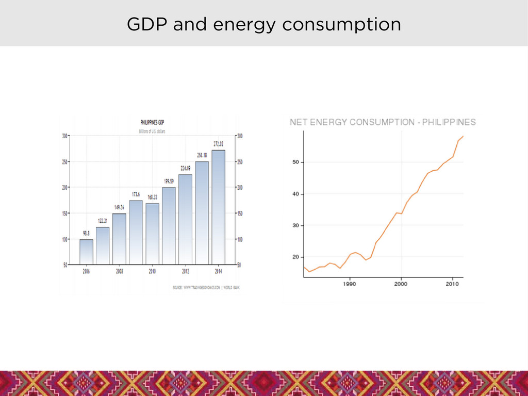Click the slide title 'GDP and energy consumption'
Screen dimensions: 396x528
[x=263, y=24]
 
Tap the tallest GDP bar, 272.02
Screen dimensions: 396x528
[x=218, y=206]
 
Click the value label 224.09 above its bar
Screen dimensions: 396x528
[x=185, y=168]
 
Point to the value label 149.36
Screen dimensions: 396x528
[x=119, y=207]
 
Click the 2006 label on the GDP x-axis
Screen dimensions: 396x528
[x=86, y=271]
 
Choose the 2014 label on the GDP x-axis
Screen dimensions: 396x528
[x=218, y=271]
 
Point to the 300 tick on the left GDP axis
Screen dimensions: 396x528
[x=65, y=136]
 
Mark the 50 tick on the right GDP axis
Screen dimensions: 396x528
[x=240, y=265]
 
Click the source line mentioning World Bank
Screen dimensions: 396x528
[x=206, y=287]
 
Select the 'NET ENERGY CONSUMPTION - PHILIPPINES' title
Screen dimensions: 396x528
[x=383, y=122]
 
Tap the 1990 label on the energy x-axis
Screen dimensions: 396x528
[x=350, y=284]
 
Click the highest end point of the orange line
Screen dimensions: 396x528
[x=463, y=136]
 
